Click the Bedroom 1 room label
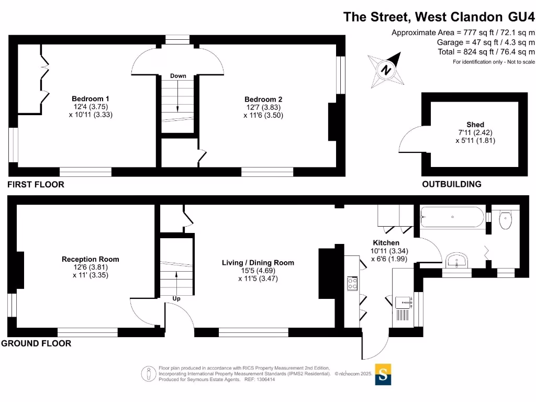90,98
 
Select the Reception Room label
90,259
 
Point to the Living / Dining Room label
258,263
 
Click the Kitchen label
386,243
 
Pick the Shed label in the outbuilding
475,125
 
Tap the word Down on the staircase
178,76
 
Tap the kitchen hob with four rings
352,283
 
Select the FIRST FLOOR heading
36,184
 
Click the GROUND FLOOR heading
36,343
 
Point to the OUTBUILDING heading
452,184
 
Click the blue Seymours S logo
383,375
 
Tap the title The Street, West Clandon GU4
439,16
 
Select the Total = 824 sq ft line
486,52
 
